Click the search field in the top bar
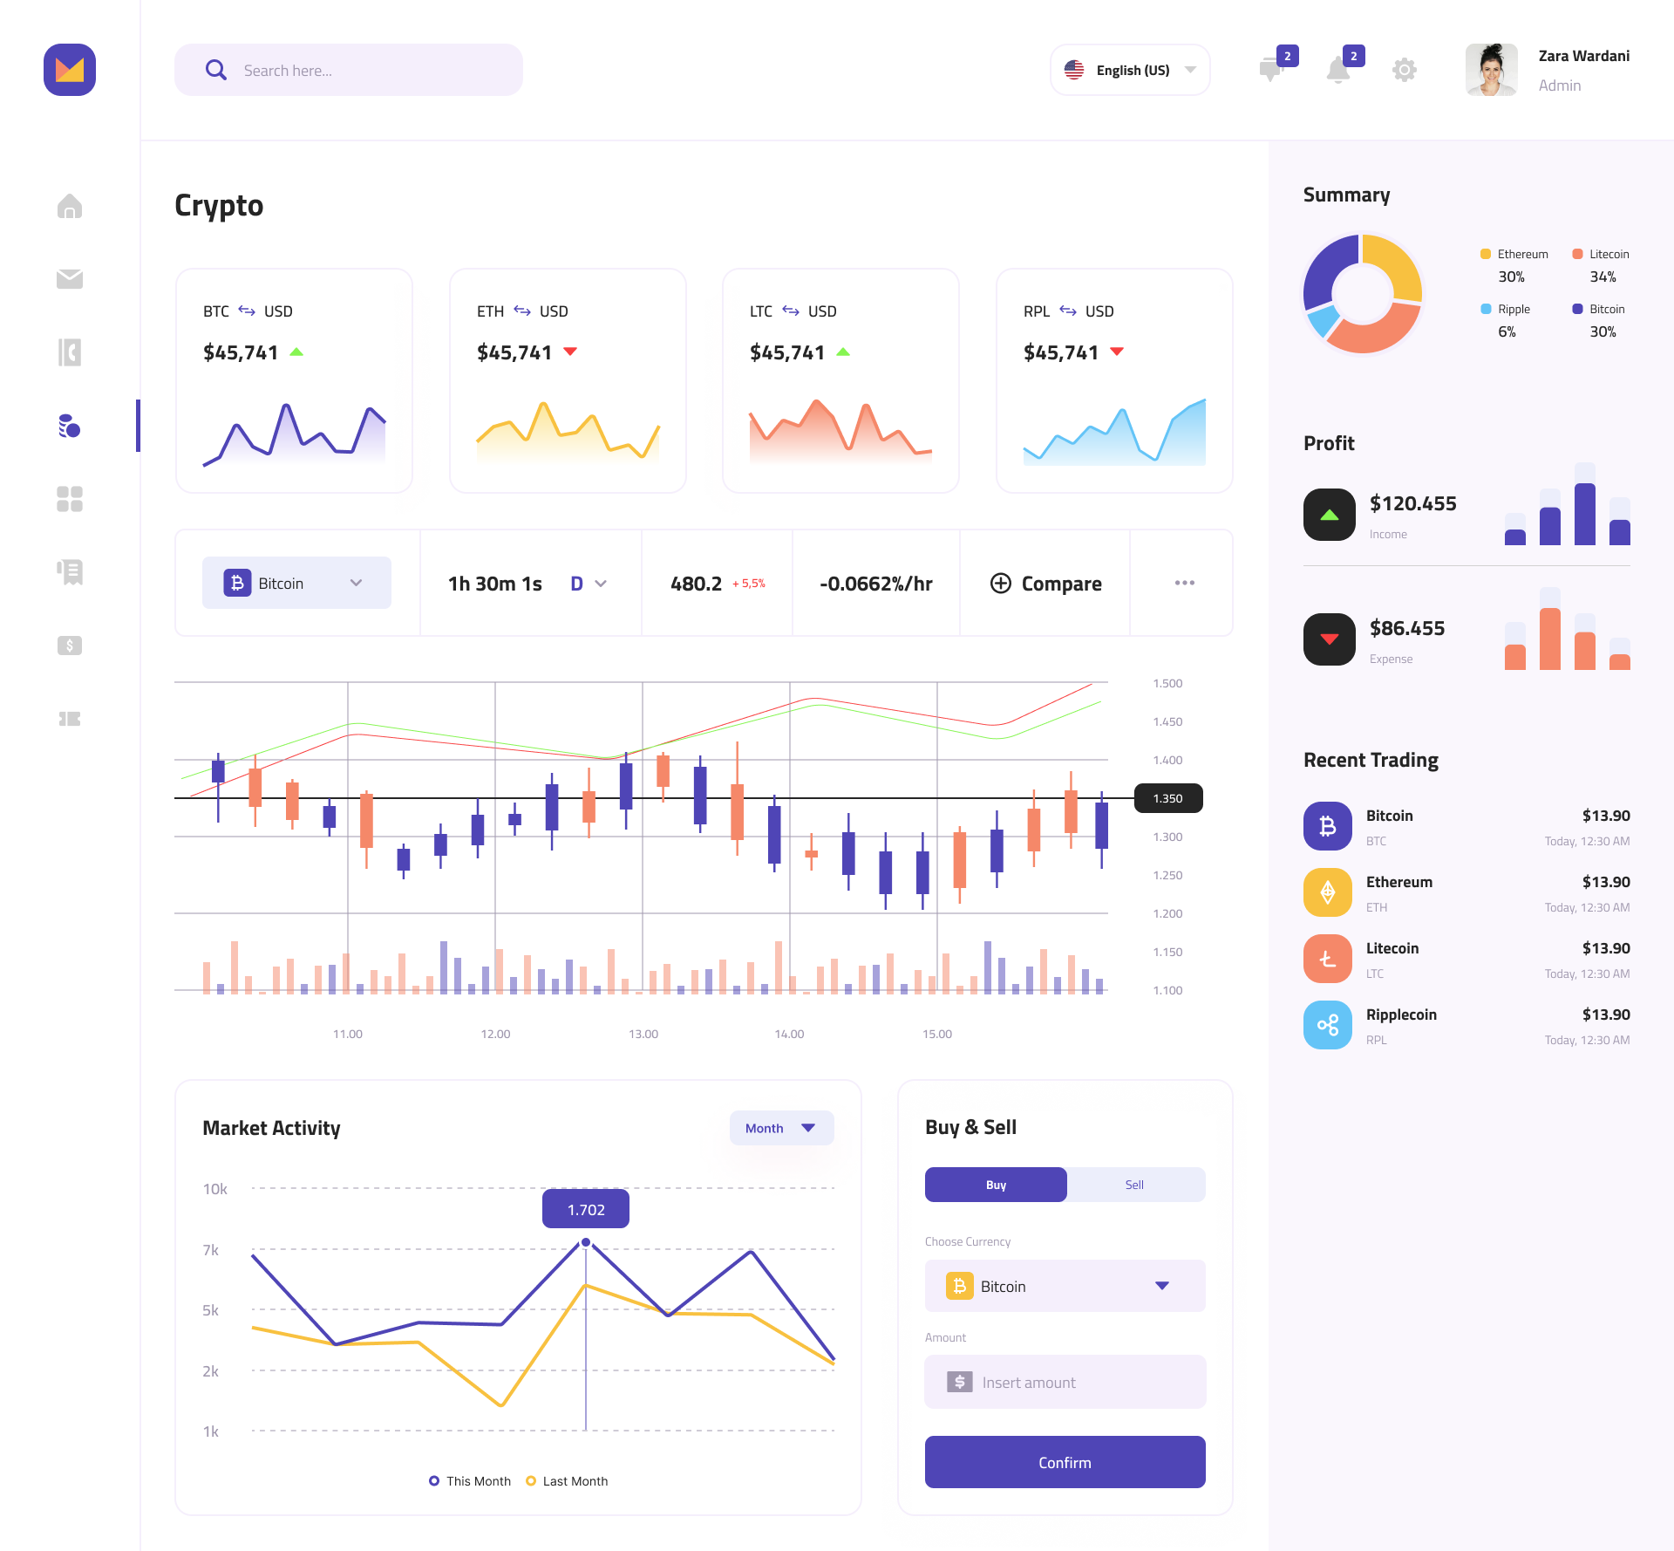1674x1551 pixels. (x=349, y=70)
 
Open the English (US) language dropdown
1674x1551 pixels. (x=1130, y=70)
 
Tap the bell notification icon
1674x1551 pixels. (x=1338, y=70)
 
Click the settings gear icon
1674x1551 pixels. (x=1404, y=70)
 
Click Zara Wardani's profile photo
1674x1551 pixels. (x=1491, y=70)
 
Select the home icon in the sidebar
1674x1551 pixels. (x=70, y=207)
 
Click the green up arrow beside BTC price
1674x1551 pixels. (x=296, y=352)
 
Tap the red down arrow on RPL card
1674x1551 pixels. (x=1117, y=352)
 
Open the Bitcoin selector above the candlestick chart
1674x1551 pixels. (x=296, y=583)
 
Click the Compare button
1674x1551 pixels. (x=1045, y=584)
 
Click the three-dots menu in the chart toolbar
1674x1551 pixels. (x=1184, y=583)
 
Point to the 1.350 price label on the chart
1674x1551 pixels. (x=1168, y=798)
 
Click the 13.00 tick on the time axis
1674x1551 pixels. (x=643, y=1034)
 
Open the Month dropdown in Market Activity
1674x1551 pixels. (x=781, y=1128)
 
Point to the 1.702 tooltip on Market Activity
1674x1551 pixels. (x=586, y=1209)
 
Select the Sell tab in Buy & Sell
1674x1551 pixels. (x=1134, y=1185)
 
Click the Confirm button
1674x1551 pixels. (x=1065, y=1462)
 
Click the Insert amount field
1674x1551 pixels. (x=1065, y=1382)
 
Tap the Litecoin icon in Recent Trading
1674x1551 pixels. (x=1327, y=959)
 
